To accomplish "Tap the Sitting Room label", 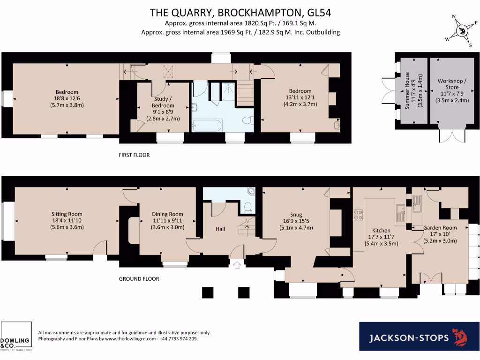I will pos(67,214).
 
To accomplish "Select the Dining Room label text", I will pos(167,214).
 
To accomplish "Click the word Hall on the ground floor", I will pos(220,229).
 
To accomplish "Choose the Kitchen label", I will pos(381,231).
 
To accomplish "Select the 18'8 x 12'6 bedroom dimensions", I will pos(67,98).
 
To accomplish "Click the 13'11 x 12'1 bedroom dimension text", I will pos(300,97).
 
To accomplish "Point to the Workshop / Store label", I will pos(452,84).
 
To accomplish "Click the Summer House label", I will pos(407,90).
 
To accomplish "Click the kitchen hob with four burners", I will pos(359,215).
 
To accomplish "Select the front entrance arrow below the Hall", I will pos(237,265).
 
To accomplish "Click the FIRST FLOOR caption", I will pos(134,155).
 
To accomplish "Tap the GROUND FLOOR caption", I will pos(139,279).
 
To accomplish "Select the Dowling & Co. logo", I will pos(16,337).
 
